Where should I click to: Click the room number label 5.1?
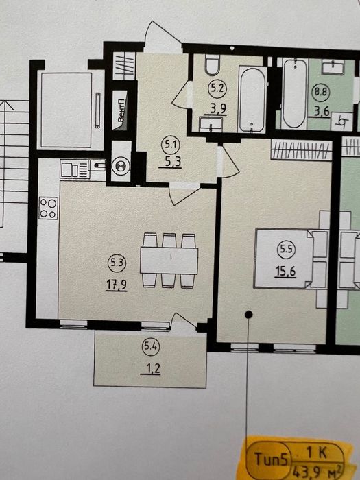click(x=169, y=144)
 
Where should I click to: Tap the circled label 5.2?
click(x=217, y=88)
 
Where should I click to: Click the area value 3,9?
click(x=217, y=107)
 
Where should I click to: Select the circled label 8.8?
click(x=320, y=89)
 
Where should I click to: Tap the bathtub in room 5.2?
click(x=253, y=98)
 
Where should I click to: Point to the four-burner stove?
click(x=48, y=208)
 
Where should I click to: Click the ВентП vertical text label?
click(x=121, y=112)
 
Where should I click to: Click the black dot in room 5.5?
click(x=248, y=314)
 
